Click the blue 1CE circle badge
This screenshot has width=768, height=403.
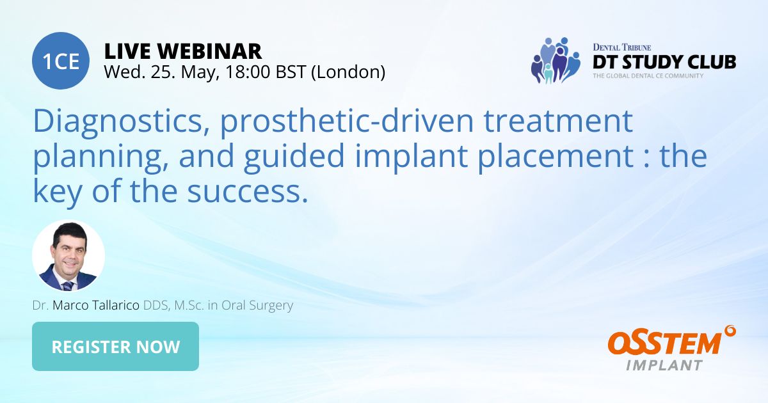(61, 61)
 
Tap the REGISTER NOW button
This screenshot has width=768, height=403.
(115, 347)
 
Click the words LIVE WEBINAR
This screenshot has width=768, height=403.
(182, 51)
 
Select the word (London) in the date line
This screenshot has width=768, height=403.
(348, 72)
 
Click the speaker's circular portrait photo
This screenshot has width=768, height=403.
(68, 256)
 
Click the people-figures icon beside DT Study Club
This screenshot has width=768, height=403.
(554, 61)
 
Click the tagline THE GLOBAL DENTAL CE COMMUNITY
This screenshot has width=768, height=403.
(648, 75)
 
